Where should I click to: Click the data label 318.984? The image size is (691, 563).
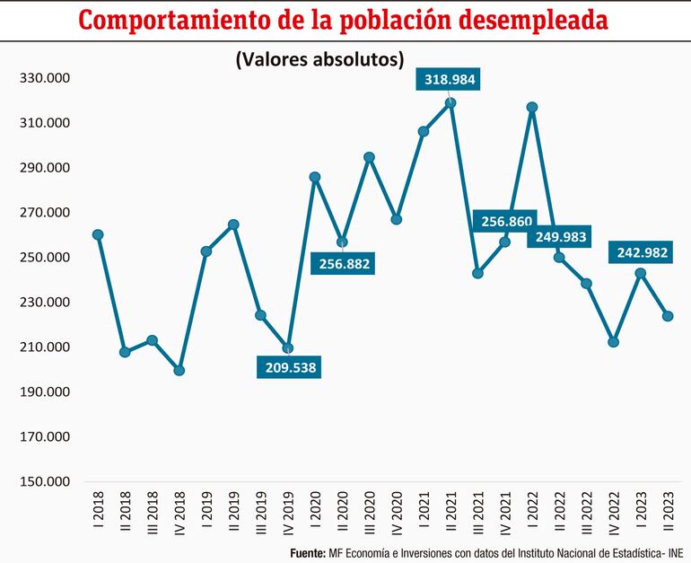coord(450,80)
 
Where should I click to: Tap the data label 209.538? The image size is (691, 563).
coord(288,366)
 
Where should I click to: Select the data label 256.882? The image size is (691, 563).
coord(341,264)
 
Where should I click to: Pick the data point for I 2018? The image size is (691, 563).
coord(98,234)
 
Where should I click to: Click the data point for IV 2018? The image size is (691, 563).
coord(179,370)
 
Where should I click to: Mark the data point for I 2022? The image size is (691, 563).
coord(532,108)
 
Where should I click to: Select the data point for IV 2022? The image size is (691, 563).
coord(613,342)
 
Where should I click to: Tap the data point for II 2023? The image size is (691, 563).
coord(668,316)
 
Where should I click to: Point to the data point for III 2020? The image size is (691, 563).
coord(369,157)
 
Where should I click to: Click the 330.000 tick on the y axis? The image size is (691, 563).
coord(45,78)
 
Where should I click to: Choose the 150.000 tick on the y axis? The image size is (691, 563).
coord(45,482)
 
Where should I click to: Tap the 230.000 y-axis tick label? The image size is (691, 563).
coord(45,303)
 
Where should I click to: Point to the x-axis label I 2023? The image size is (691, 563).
coord(641,515)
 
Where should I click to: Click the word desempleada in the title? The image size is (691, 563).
coord(512,20)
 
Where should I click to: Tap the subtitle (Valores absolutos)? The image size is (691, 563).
coord(319,59)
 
